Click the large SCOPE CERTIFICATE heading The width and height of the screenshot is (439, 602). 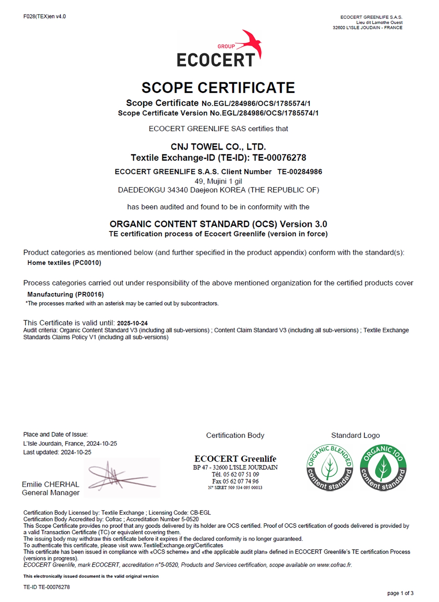218,88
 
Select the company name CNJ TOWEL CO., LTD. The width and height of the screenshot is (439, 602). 218,147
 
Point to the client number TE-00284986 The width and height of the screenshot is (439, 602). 300,172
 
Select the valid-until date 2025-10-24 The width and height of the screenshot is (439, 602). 132,323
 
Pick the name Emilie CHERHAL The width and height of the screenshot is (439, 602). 50,484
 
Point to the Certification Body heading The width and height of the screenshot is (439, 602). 235,435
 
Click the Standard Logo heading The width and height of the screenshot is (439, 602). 355,435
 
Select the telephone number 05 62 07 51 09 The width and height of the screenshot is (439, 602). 241,474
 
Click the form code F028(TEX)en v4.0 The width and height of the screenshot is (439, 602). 45,16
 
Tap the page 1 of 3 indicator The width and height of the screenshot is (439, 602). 400,593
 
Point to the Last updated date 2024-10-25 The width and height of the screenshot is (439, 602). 76,452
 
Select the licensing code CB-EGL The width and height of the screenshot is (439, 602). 200,513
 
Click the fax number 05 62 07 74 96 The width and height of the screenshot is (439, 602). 241,481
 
